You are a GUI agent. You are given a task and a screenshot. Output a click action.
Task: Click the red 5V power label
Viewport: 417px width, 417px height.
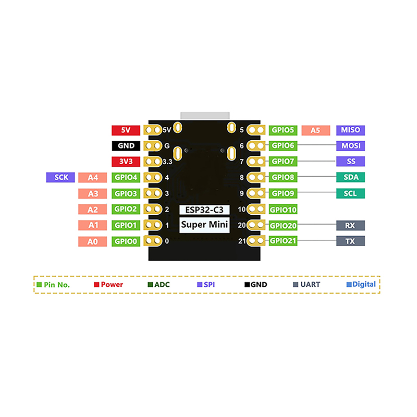coord(126,130)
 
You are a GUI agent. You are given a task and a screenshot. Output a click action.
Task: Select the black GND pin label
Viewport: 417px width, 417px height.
coord(126,146)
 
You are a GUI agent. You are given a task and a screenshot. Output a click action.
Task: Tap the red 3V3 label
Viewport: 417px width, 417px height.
coord(126,162)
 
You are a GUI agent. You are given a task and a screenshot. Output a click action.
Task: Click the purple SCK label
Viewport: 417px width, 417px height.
coord(61,177)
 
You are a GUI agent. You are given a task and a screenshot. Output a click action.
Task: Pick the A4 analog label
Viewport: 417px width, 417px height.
coord(93,178)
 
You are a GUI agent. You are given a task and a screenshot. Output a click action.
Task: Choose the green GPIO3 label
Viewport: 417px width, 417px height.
coord(126,193)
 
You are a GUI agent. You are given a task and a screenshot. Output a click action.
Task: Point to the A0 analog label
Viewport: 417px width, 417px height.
coord(93,241)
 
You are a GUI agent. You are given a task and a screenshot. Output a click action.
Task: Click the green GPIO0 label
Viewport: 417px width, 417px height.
coord(126,241)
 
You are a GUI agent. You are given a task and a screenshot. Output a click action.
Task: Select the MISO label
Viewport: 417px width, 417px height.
coord(350,130)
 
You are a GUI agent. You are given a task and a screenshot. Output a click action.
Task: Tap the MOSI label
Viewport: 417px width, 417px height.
coord(350,146)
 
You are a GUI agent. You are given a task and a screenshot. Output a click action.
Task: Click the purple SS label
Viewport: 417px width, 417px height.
coord(350,162)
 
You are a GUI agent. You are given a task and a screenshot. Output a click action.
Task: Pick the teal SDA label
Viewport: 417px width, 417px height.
coord(350,177)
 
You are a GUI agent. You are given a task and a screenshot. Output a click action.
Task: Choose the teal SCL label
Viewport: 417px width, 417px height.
coord(350,193)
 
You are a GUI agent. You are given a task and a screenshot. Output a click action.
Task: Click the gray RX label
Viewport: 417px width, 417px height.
coord(350,225)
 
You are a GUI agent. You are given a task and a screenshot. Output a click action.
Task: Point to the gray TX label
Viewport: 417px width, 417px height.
coord(350,241)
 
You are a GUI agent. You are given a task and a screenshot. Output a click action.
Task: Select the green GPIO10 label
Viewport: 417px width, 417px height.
coord(284,210)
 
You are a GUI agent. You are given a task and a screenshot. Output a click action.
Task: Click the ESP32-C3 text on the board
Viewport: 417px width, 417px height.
coord(204,210)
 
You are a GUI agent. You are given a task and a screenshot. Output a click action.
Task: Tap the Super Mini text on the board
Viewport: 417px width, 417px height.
coord(204,226)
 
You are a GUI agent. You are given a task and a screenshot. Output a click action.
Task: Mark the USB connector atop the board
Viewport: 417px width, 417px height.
coord(204,115)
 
